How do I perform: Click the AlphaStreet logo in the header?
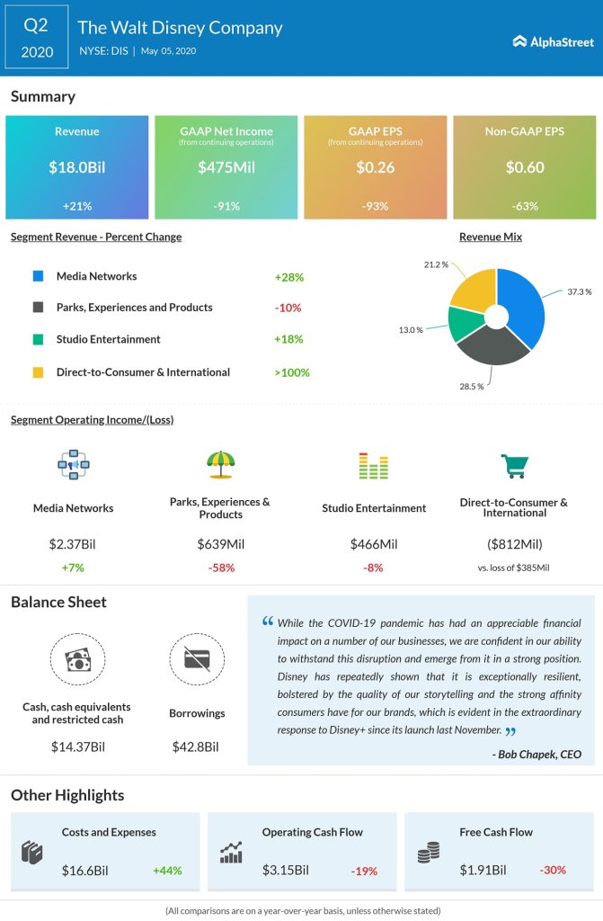tap(550, 40)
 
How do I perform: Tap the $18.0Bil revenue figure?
tap(76, 166)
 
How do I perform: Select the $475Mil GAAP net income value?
tap(226, 166)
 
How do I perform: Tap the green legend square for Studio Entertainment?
tap(38, 340)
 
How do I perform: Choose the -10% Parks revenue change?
tap(288, 308)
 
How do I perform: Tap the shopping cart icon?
tap(513, 465)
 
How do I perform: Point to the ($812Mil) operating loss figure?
tap(514, 543)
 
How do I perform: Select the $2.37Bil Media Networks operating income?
tap(73, 543)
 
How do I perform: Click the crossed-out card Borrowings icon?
tap(196, 660)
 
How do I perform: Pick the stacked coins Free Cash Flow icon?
tap(428, 854)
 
